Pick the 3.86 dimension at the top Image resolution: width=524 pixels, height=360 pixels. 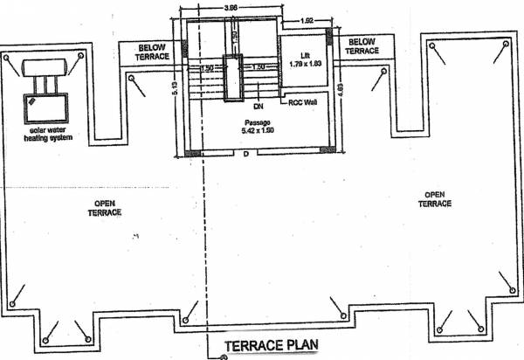(231, 8)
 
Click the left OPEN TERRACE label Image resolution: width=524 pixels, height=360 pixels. (109, 208)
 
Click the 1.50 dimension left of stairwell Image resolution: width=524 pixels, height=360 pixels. (207, 67)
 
